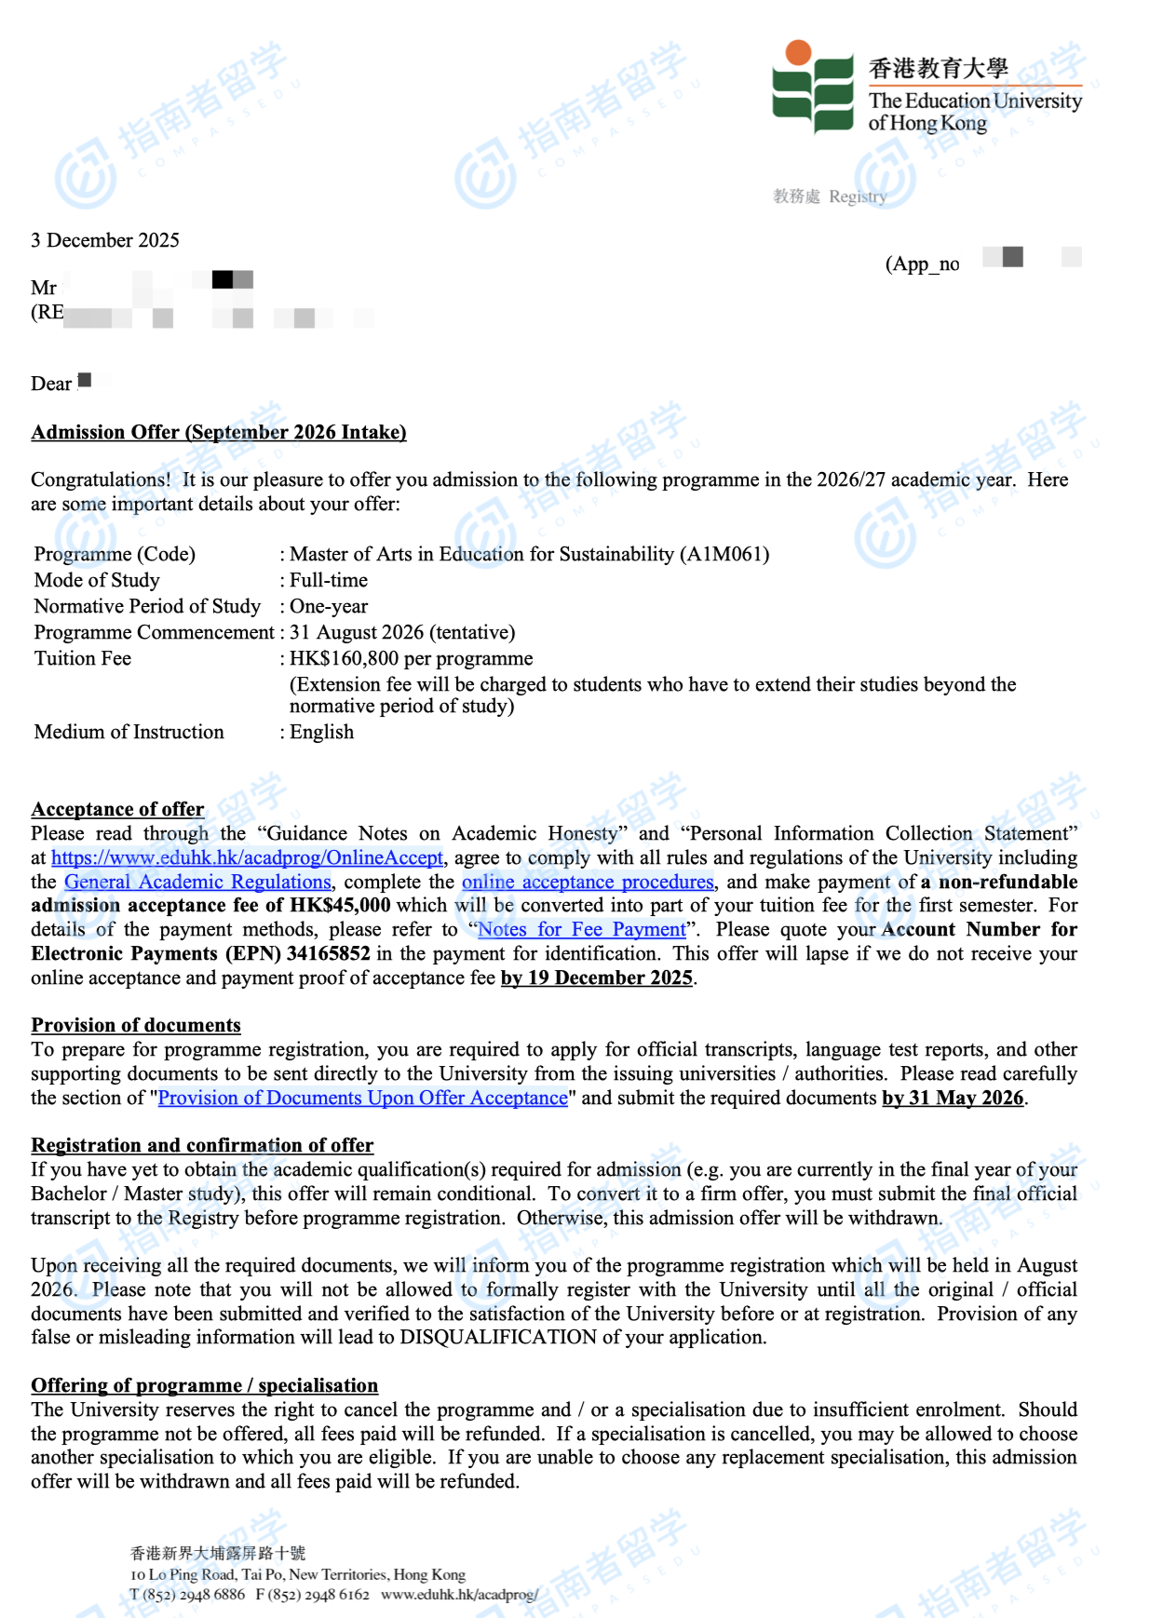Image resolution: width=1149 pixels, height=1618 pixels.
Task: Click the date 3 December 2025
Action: coord(105,240)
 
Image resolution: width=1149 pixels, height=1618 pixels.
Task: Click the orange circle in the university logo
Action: coord(798,53)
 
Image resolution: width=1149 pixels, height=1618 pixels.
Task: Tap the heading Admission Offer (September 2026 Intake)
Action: coord(219,432)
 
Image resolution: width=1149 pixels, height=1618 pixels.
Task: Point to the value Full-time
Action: coord(329,580)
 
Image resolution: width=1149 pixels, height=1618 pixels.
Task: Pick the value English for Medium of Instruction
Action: coord(322,732)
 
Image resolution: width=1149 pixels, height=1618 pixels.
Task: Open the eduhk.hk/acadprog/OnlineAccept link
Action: coord(247,857)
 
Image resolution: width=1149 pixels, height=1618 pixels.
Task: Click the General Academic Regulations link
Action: coord(197,882)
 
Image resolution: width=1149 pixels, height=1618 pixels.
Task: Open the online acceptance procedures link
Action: coord(588,882)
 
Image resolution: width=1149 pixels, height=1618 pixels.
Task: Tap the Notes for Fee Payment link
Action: coord(581,929)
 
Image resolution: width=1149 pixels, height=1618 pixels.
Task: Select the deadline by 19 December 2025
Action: coord(597,978)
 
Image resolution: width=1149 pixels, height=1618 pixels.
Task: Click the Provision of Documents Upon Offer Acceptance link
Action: coord(363,1098)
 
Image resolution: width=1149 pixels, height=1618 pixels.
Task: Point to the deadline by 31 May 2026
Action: coord(953,1098)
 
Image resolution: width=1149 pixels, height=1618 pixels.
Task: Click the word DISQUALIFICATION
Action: coord(498,1337)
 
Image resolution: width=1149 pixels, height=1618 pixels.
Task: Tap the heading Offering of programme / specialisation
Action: coord(205,1385)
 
